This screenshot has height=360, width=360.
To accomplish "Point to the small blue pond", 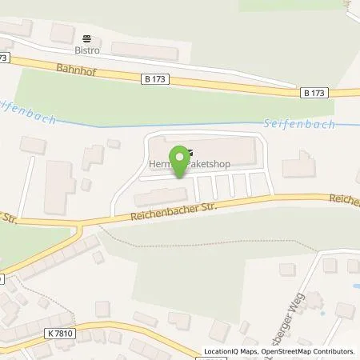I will coord(349,284).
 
